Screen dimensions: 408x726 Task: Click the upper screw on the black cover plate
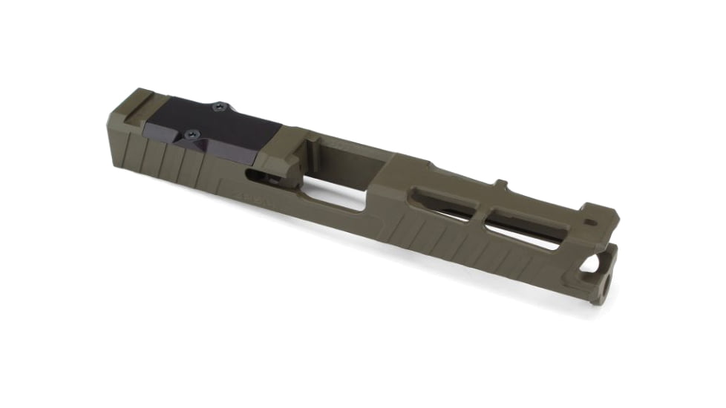click(x=218, y=108)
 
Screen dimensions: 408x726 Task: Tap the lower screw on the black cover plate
click(x=192, y=134)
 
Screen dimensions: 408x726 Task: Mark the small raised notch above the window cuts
click(x=500, y=182)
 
